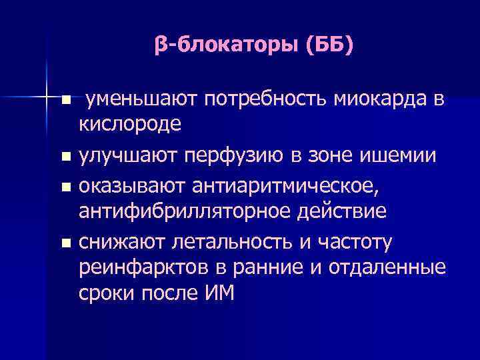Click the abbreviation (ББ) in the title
pyautogui.click(x=331, y=46)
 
